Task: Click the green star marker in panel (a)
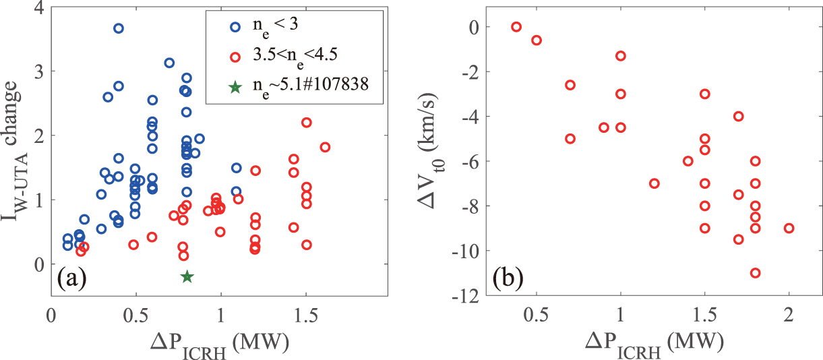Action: pos(187,276)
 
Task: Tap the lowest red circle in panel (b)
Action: pos(755,273)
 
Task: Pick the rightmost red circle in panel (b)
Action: pos(789,228)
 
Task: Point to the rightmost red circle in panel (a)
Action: pos(325,147)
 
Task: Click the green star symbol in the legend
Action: pos(235,88)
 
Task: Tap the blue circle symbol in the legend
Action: pos(235,27)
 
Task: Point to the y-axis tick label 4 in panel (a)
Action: pos(39,9)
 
